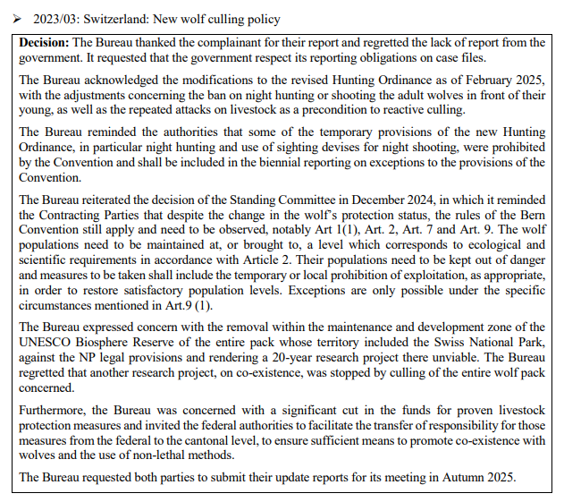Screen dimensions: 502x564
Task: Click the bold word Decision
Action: point(43,43)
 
